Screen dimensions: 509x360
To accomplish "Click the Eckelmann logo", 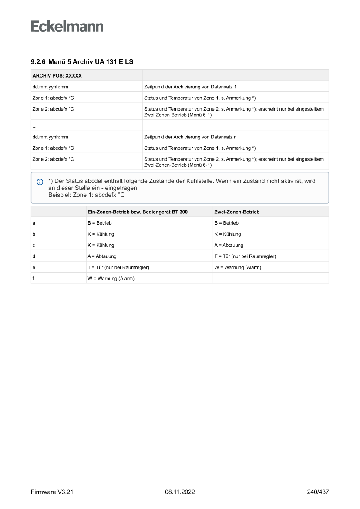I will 67,26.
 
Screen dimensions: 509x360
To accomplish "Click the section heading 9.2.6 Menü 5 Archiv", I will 82,62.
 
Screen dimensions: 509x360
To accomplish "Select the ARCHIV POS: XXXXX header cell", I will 57,76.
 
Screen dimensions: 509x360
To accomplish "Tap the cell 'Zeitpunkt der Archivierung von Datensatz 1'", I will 190,87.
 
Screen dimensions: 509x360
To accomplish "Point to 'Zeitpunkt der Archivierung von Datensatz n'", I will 190,137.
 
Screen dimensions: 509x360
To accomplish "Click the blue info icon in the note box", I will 40,182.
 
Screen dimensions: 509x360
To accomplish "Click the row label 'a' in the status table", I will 34,223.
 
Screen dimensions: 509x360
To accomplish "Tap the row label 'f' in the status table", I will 34,279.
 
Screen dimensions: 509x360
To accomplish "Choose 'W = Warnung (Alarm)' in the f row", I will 111,279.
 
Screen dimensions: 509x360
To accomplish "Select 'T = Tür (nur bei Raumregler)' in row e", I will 121,267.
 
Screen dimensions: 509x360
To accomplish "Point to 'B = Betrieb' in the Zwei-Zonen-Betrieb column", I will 226,223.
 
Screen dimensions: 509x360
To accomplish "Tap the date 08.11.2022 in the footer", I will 180,492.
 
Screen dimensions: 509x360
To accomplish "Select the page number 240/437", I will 318,492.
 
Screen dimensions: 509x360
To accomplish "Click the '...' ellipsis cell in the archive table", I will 34,126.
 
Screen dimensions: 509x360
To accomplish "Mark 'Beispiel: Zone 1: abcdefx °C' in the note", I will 86,195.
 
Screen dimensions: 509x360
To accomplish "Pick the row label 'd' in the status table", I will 34,256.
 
